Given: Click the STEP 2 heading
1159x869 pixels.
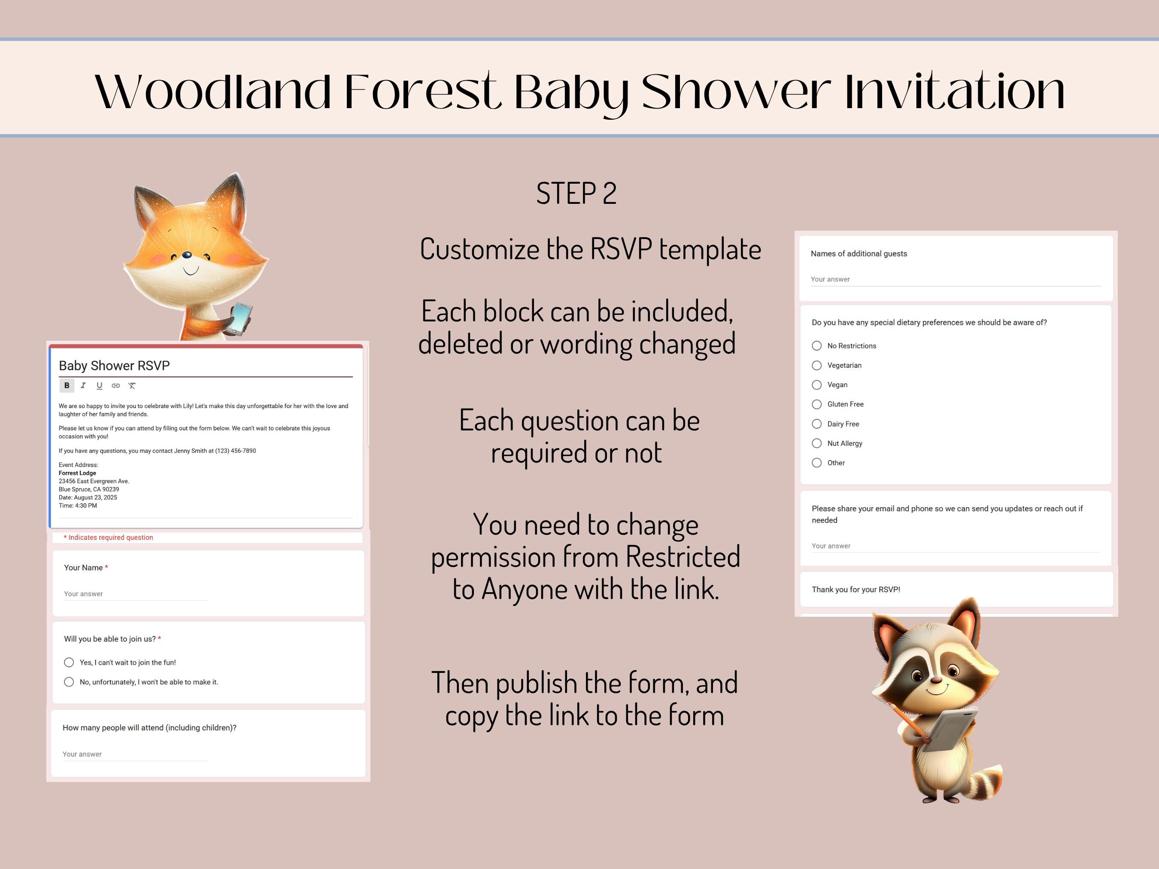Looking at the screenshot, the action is point(576,193).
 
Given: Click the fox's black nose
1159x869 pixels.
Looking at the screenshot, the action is point(187,255).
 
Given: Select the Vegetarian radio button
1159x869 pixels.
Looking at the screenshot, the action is point(816,365).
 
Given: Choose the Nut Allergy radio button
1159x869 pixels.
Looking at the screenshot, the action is point(816,443).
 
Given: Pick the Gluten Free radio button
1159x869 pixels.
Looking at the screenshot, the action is point(816,404).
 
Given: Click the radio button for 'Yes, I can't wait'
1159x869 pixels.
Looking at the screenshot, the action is point(69,662).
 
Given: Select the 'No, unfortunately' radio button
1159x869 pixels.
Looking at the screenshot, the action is point(69,681).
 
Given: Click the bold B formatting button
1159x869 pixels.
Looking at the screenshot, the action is point(67,385).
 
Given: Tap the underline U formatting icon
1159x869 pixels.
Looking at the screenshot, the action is point(99,385).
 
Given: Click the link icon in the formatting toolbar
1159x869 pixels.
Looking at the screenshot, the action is point(116,385).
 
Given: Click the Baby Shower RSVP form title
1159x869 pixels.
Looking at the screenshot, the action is point(114,366).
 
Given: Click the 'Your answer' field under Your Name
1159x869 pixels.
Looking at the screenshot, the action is point(83,593).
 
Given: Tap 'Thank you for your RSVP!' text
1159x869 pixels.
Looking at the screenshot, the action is point(856,589).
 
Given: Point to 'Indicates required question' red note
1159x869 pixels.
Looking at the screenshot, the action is point(109,537).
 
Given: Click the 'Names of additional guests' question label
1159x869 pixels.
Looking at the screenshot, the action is point(859,254).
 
